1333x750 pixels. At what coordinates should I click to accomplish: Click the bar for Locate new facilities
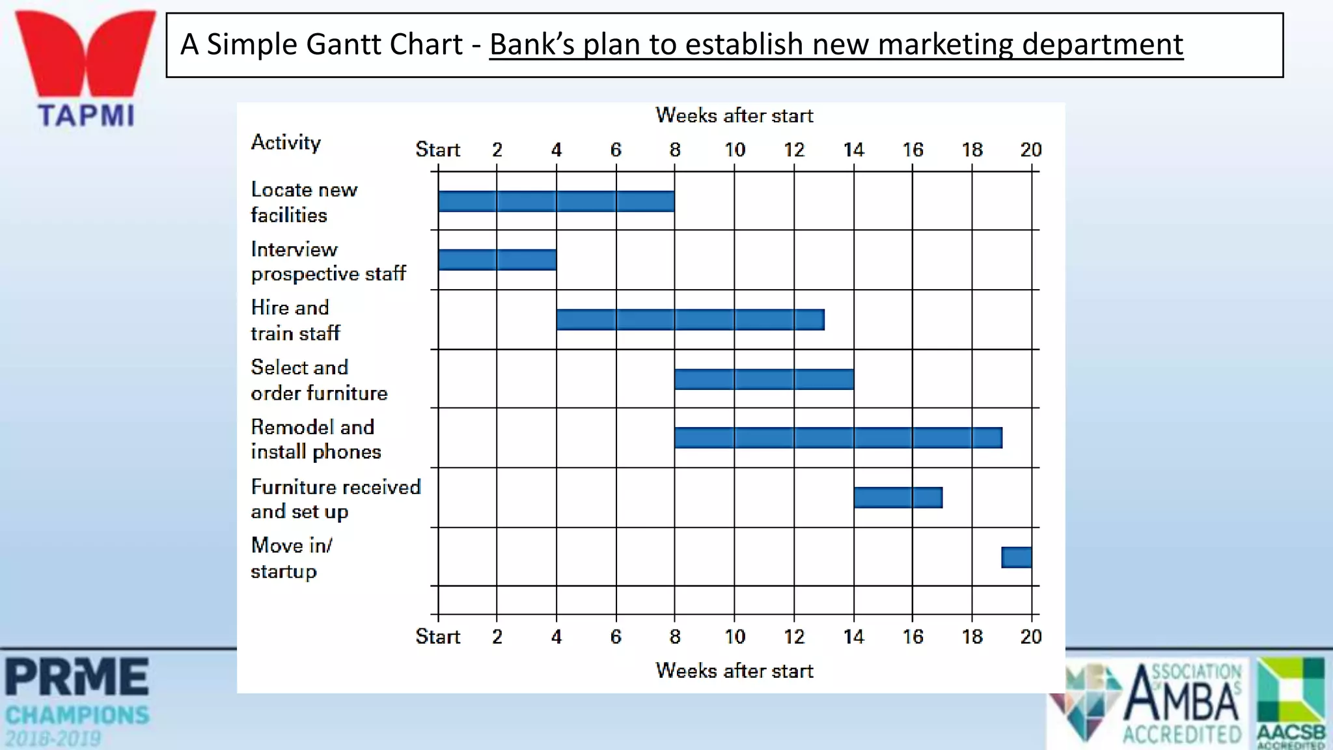coord(556,201)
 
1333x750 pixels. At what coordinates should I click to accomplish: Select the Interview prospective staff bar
coord(497,260)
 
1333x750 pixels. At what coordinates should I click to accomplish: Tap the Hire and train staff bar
coord(690,320)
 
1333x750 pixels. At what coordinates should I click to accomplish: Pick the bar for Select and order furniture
coord(764,380)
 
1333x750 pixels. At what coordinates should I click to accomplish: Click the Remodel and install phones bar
coord(838,438)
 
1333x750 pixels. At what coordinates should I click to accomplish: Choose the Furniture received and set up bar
coord(898,498)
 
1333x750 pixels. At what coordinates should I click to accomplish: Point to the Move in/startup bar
coord(1016,558)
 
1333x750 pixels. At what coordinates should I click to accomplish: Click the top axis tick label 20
coord(1031,150)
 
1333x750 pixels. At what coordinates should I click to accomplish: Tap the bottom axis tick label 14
coord(853,637)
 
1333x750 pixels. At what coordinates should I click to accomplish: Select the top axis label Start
coord(437,150)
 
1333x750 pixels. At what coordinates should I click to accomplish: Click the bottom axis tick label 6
coord(616,637)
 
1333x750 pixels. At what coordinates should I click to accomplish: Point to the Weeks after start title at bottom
coord(734,671)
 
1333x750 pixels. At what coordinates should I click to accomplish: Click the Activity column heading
coord(286,143)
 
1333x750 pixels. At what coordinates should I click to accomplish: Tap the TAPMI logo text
coord(86,116)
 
